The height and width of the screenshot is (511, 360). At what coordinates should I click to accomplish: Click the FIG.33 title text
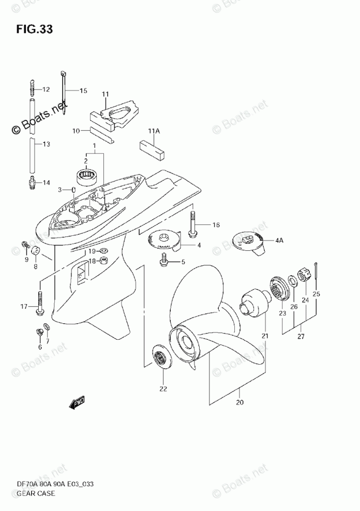tap(34, 29)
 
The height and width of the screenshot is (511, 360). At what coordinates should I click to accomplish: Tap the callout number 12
tap(46, 89)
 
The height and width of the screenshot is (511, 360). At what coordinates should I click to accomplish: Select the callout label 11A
tap(154, 132)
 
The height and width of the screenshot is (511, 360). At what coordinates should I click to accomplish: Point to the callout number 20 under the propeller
tap(239, 402)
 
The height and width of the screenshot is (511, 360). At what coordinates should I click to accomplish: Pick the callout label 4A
tap(280, 240)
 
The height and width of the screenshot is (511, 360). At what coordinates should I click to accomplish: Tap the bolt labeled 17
tap(39, 299)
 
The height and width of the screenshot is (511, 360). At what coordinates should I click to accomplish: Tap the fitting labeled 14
tap(32, 183)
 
